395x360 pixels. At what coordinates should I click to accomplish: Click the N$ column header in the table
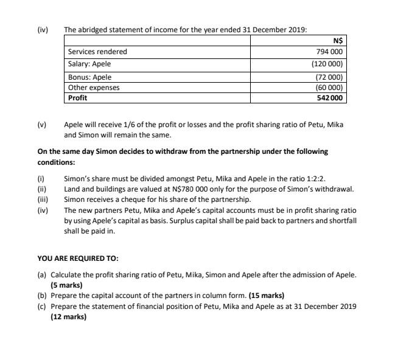coord(338,41)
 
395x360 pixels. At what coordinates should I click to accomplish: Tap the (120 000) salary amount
coord(327,64)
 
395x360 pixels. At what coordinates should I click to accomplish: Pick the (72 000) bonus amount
coord(329,77)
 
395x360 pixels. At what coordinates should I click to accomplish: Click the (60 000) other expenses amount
coord(329,87)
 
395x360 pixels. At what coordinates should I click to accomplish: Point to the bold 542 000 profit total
coord(330,97)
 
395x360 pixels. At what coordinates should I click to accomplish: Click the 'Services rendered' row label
coord(97,52)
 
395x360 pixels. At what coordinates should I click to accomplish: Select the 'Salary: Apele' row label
coord(89,64)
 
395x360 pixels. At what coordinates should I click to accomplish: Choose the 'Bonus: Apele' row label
coord(90,77)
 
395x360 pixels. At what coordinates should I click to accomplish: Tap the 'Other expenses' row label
coord(94,87)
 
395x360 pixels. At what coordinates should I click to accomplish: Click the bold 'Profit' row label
coord(77,97)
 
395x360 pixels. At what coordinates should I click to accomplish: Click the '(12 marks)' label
coord(68,316)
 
